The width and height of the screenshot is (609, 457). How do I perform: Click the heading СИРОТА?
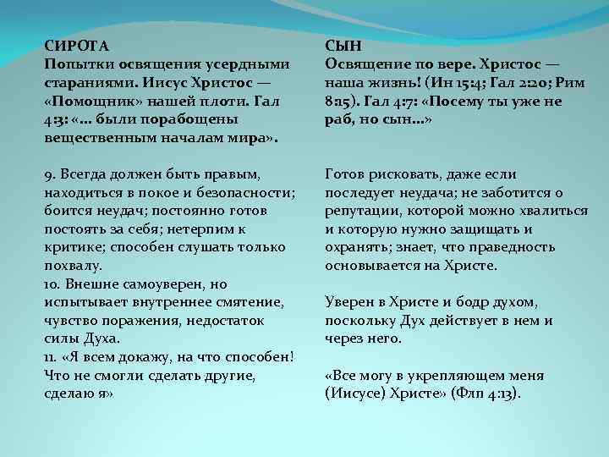(x=76, y=47)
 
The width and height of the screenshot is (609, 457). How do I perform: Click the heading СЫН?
(x=344, y=47)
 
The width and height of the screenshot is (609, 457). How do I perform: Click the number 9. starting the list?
(x=49, y=174)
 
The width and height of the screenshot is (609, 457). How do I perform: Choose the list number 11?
(x=51, y=355)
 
